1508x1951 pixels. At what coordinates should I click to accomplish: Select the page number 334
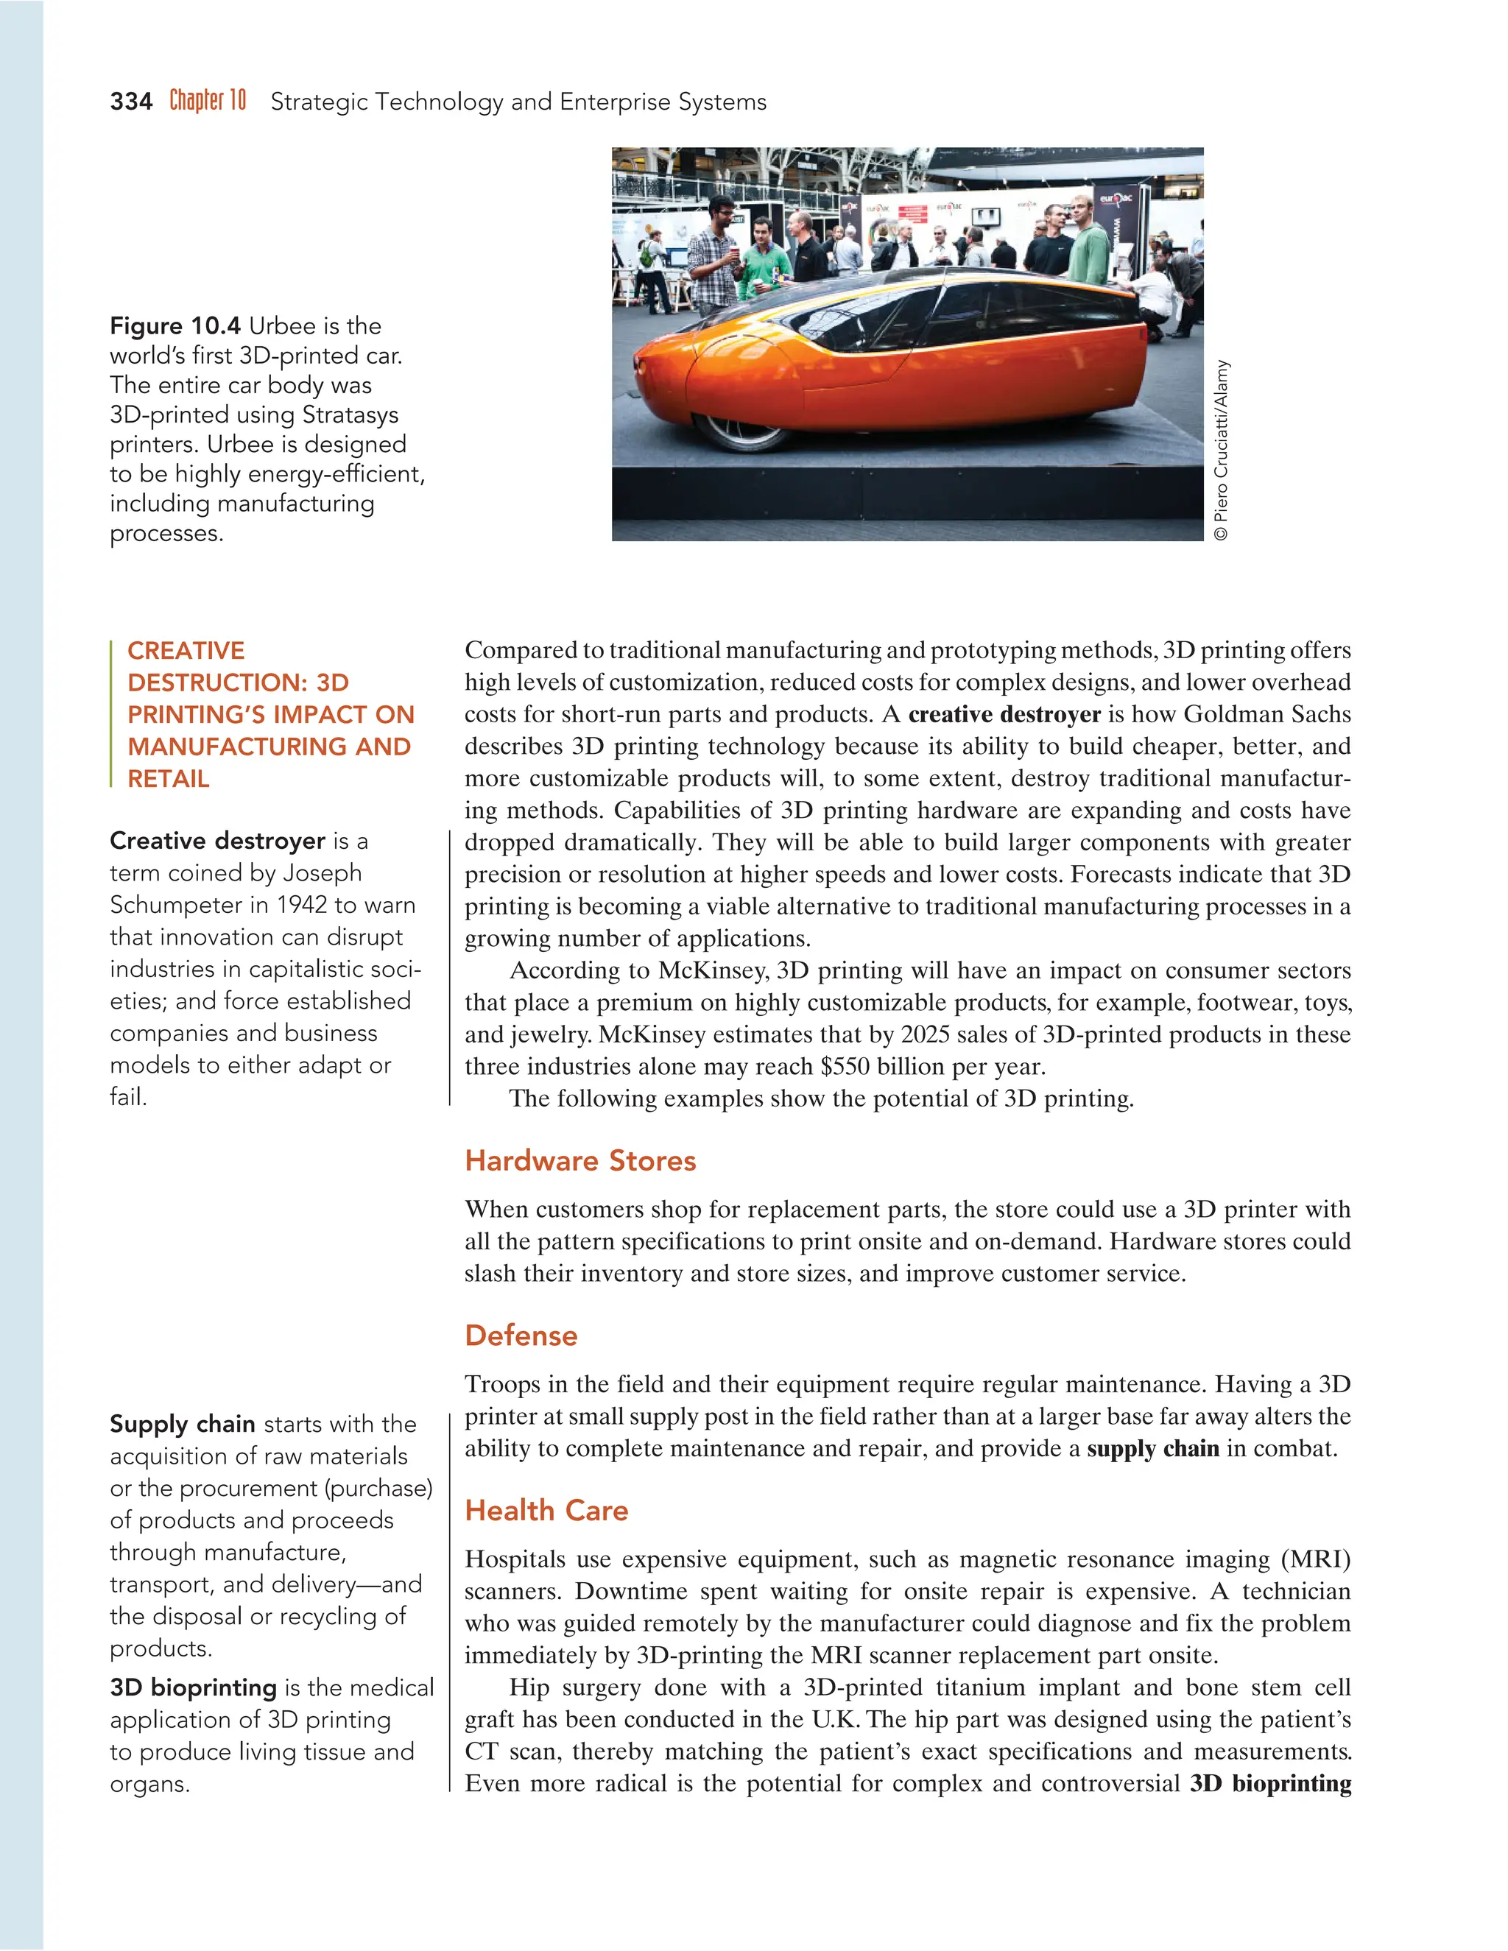click(131, 102)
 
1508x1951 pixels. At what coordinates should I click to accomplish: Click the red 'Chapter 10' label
click(207, 100)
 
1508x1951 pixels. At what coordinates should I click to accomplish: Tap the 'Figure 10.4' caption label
click(175, 326)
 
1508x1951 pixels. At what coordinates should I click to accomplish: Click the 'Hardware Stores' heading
click(579, 1160)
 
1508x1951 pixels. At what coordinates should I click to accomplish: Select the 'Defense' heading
click(521, 1336)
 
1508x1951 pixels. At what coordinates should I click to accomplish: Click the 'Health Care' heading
click(546, 1511)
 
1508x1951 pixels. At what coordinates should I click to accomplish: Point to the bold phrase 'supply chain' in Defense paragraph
click(1152, 1448)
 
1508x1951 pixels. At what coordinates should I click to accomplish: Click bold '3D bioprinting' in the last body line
click(1269, 1784)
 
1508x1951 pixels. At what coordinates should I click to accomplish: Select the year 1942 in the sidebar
click(301, 905)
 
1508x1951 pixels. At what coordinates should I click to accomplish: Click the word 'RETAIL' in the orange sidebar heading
click(168, 779)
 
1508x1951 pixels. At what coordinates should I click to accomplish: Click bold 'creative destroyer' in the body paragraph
click(1004, 715)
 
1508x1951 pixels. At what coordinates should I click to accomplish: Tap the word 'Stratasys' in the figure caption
click(350, 414)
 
